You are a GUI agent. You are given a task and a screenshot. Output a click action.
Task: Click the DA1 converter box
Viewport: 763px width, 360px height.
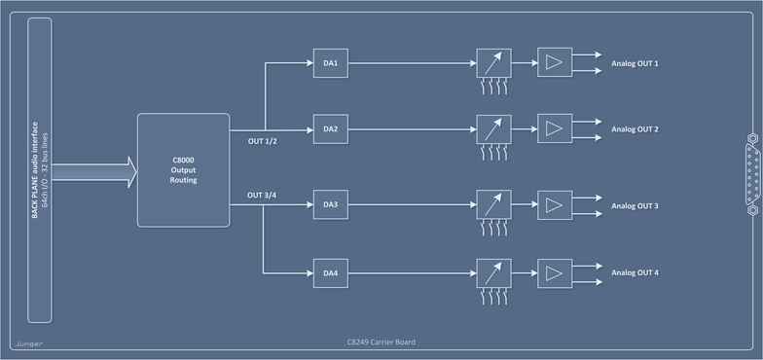pos(330,64)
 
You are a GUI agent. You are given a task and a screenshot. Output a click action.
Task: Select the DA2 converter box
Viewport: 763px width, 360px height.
pos(330,128)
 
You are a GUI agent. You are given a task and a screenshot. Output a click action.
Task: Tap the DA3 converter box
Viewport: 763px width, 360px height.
pos(330,204)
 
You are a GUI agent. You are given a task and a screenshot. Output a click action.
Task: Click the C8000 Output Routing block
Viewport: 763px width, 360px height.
pos(182,170)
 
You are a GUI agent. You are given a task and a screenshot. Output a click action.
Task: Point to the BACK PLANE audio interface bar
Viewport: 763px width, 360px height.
pos(40,170)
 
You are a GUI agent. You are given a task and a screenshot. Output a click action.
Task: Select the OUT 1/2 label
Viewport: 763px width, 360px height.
pos(263,141)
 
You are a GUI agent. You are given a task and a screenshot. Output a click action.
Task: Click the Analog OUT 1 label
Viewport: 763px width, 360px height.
pos(635,64)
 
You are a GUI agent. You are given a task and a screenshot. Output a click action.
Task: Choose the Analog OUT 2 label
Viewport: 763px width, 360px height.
pos(635,128)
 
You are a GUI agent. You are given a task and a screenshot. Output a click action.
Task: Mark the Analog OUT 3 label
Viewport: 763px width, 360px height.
pos(635,206)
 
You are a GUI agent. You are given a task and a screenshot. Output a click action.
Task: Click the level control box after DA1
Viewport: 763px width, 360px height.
pos(493,64)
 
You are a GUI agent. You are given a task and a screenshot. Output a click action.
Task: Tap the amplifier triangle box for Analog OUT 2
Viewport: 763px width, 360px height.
pos(555,128)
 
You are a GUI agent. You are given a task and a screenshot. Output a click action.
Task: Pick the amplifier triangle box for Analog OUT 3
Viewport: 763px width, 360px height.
pos(555,205)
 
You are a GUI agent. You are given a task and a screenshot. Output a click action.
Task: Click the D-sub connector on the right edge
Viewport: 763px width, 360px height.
pos(750,173)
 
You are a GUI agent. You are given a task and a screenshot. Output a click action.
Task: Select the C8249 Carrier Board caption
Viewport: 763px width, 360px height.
pos(382,342)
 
